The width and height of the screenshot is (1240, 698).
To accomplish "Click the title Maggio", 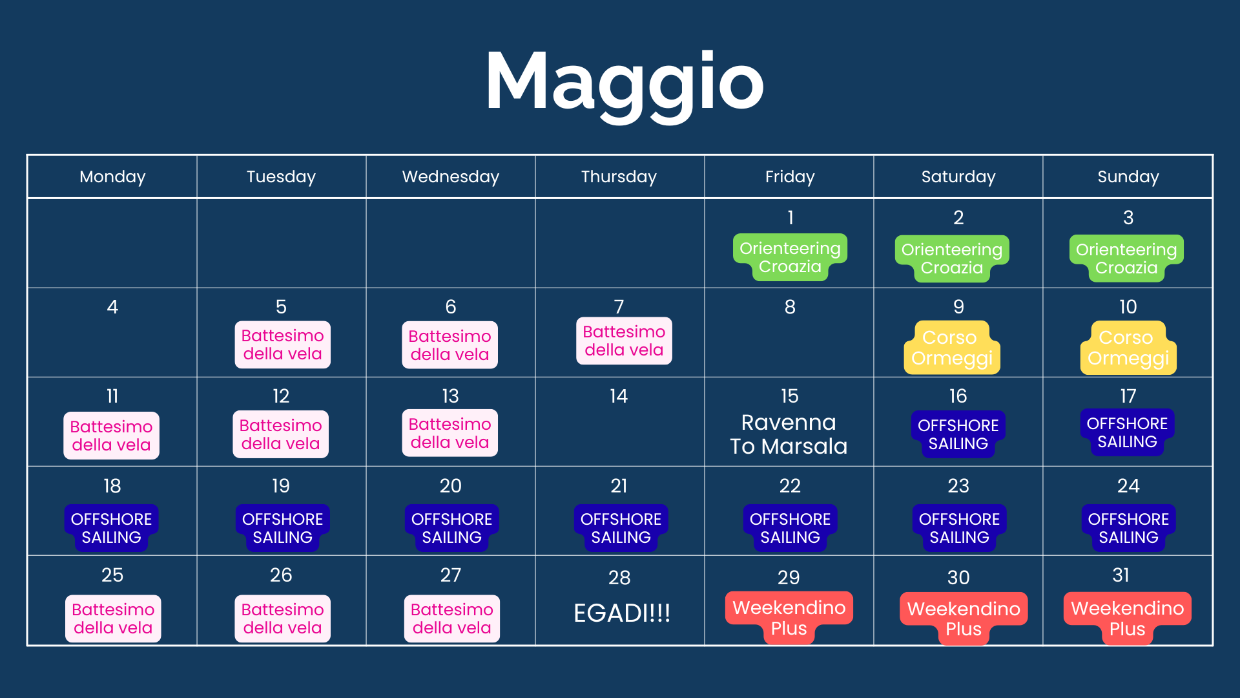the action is [625, 85].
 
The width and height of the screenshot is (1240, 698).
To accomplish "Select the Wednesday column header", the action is [451, 176].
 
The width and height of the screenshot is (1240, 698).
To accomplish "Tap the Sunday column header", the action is [1128, 176].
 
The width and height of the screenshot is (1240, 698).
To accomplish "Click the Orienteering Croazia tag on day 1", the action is [790, 257].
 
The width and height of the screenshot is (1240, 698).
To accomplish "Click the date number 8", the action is [790, 307].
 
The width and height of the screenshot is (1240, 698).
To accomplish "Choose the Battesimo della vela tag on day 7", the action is [624, 341].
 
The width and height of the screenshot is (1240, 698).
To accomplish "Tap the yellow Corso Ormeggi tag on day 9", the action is [952, 348].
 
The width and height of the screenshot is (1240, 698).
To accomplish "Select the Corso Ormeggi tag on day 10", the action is [1128, 348].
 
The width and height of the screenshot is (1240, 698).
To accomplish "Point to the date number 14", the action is [619, 396].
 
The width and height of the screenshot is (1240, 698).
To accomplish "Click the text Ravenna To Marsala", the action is [789, 434].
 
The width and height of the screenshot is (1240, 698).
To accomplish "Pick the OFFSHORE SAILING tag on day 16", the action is [958, 434].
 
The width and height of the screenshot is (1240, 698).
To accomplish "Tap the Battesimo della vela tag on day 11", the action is [111, 436].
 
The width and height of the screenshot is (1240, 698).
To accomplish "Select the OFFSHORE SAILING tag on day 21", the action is [621, 528].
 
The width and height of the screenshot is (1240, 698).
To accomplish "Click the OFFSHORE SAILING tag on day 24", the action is [1128, 528].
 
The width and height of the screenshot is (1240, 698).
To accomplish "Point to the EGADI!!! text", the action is [622, 613].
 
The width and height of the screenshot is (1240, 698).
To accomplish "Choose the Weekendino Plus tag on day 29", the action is [789, 618].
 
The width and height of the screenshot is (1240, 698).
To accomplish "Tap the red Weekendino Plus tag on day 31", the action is [1128, 619].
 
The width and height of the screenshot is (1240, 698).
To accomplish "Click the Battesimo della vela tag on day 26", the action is [282, 619].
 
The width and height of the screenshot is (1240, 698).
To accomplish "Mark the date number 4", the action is [112, 307].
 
